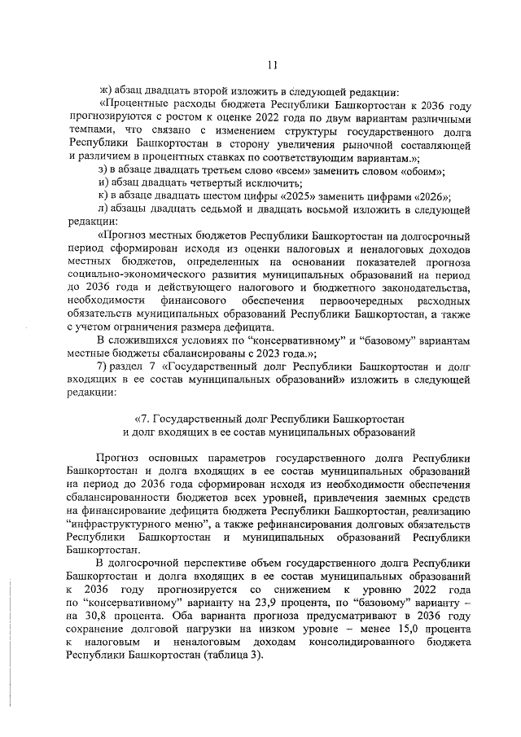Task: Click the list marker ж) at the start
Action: coord(102,90)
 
